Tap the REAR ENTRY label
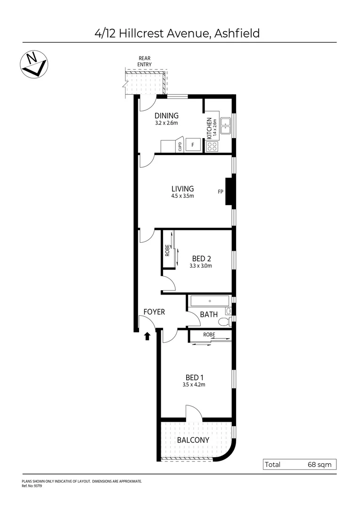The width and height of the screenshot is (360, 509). click(x=144, y=61)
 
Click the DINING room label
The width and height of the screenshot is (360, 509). click(x=167, y=116)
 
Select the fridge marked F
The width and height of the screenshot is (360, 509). click(x=192, y=145)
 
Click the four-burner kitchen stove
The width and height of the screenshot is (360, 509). click(x=212, y=146)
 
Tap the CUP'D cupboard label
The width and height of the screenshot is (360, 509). click(x=180, y=147)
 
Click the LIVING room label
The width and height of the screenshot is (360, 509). click(x=182, y=189)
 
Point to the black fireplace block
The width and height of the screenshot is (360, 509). click(x=229, y=191)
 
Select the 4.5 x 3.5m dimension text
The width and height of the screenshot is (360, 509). click(x=182, y=196)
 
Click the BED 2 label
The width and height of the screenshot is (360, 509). click(x=202, y=258)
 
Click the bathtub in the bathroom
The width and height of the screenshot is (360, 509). click(x=209, y=301)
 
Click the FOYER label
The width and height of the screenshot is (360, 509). click(x=154, y=312)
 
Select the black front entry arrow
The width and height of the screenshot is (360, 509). click(x=147, y=336)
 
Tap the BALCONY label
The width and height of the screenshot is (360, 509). click(x=193, y=440)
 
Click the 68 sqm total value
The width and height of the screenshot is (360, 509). click(x=319, y=465)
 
